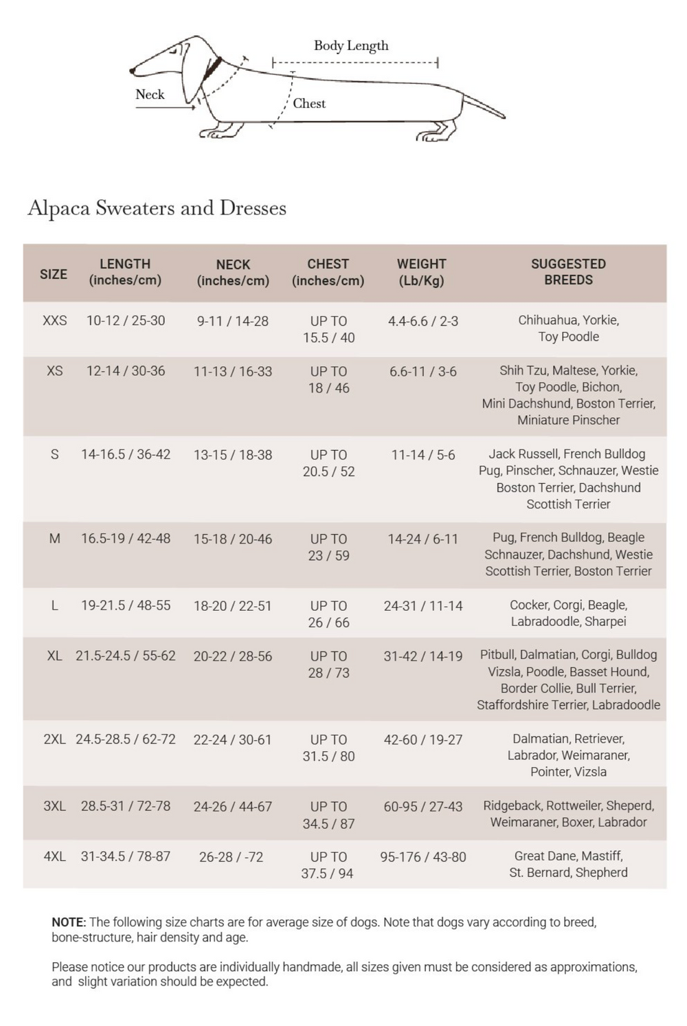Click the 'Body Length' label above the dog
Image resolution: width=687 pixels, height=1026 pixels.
(351, 46)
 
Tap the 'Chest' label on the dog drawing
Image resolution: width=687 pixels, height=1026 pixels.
(309, 104)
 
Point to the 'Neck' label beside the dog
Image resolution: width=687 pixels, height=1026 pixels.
(150, 95)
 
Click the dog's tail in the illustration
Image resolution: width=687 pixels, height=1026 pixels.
(485, 107)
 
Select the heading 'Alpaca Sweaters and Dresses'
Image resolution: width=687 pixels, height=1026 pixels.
(157, 208)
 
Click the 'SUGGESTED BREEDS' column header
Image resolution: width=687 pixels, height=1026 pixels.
(568, 272)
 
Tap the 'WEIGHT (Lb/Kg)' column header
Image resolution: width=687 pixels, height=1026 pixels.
(421, 272)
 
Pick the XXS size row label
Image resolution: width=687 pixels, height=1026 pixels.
(55, 321)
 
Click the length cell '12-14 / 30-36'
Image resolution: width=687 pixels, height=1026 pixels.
(126, 371)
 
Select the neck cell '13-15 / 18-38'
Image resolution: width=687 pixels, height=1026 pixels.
(233, 455)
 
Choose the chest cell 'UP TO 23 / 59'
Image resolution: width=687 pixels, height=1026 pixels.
(328, 547)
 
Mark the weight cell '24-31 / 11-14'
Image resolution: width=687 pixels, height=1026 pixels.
(423, 606)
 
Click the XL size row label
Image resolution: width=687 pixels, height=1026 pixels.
(55, 656)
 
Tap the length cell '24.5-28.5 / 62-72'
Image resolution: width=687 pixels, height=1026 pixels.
(126, 739)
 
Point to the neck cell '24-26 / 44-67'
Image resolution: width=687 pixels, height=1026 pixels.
(233, 807)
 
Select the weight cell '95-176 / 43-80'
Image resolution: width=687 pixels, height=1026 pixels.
(423, 857)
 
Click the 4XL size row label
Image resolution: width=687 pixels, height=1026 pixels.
(55, 857)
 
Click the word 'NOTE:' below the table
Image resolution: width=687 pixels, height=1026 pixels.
(69, 922)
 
